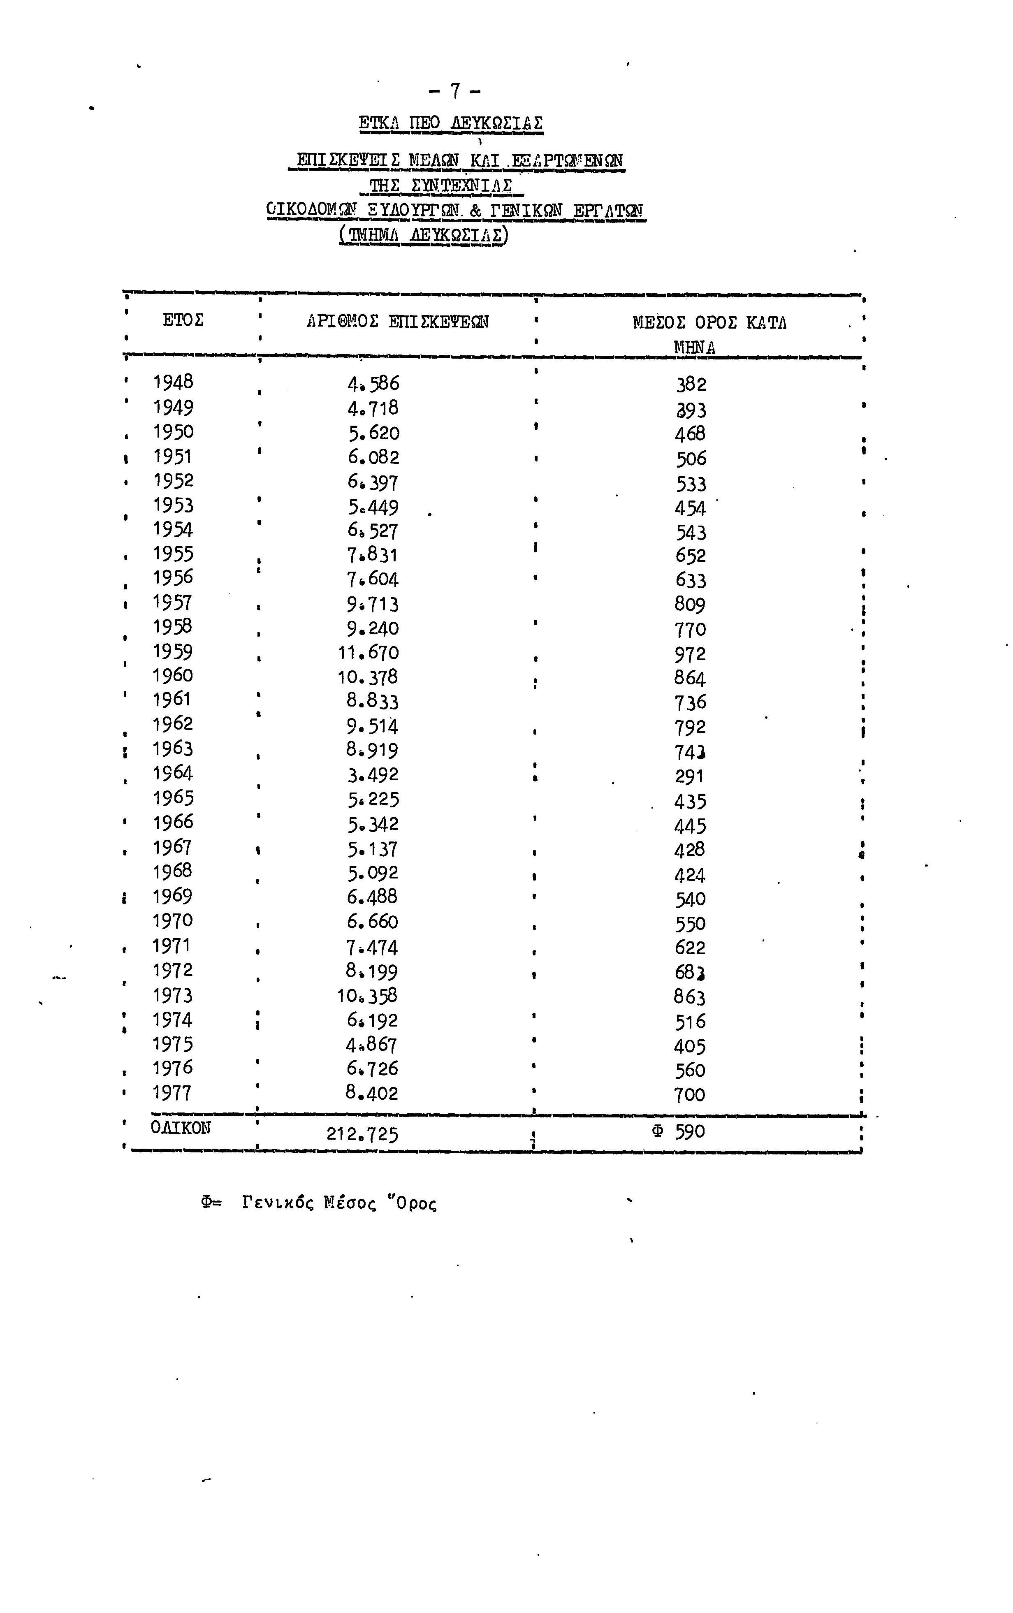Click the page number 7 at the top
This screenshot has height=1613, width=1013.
456,90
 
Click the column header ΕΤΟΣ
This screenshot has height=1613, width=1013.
183,320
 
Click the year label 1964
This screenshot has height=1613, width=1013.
173,773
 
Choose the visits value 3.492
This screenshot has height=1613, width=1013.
373,775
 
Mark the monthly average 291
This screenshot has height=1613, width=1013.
689,776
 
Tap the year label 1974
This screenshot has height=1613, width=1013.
172,1020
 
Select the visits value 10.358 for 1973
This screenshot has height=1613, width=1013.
367,996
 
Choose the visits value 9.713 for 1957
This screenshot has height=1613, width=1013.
373,604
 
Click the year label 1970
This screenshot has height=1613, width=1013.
172,921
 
